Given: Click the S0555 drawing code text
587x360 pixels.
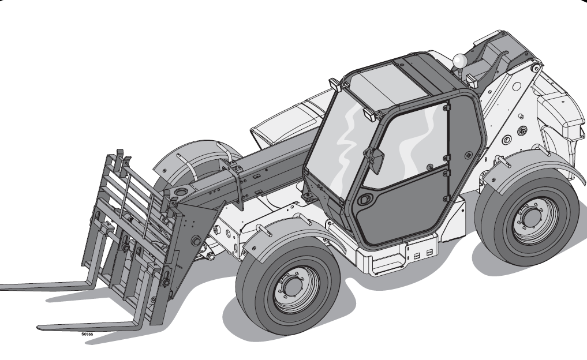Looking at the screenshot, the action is click(x=87, y=334).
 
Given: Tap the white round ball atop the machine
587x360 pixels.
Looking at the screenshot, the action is click(x=459, y=60).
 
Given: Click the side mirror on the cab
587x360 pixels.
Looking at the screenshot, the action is click(x=376, y=159).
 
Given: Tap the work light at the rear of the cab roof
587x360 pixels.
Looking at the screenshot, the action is click(x=472, y=80).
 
